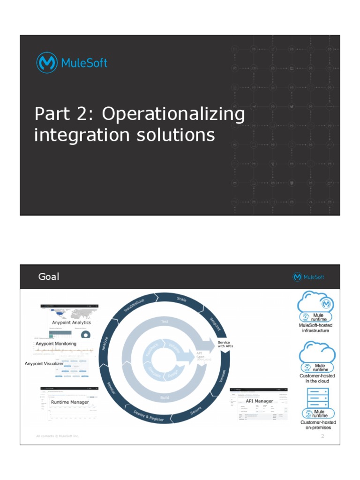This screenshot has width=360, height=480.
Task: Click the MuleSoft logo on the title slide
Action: click(72, 62)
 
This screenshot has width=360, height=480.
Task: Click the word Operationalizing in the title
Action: click(173, 115)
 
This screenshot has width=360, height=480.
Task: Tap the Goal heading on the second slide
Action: click(49, 277)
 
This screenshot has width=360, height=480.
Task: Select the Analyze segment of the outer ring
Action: click(105, 344)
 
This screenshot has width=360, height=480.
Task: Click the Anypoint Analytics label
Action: click(71, 322)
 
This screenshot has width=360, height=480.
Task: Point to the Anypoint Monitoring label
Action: click(56, 344)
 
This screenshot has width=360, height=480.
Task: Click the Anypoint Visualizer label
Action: click(44, 363)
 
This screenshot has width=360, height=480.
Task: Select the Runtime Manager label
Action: click(70, 402)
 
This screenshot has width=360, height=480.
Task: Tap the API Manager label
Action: click(259, 401)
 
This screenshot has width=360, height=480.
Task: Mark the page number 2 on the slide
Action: click(322, 436)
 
